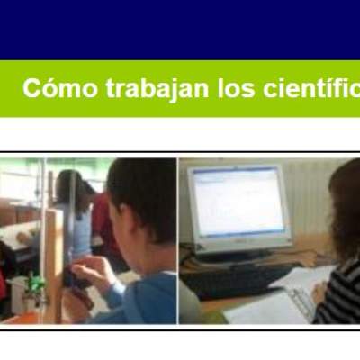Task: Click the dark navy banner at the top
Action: pyautogui.click(x=180, y=29)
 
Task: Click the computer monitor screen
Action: pyautogui.click(x=239, y=203)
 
